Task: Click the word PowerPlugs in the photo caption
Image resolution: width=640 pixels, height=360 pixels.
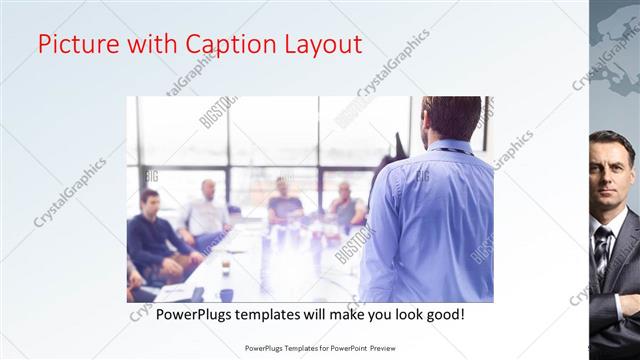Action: pos(191,314)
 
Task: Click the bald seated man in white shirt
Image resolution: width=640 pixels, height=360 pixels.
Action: pos(207,210)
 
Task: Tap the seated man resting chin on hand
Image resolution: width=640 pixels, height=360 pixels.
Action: pos(346,205)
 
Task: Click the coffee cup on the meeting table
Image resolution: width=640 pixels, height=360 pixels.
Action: pos(226,265)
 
